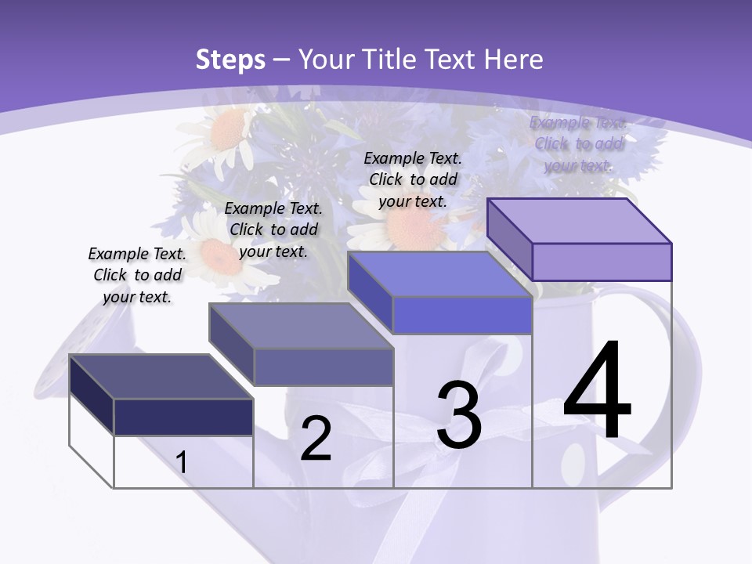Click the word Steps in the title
pos(230,60)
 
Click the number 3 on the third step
pos(458,415)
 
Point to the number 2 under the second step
pos(316,439)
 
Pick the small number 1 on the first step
pos(181,463)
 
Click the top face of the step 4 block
pos(580,221)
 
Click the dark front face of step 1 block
pos(183,417)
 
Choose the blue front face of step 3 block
pos(462,316)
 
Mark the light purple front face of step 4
pos(602,262)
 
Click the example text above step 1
pos(137,275)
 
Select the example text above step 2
pos(273,230)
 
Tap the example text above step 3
pos(413,179)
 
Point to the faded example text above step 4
pos(578,143)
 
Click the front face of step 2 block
pos(324,367)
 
